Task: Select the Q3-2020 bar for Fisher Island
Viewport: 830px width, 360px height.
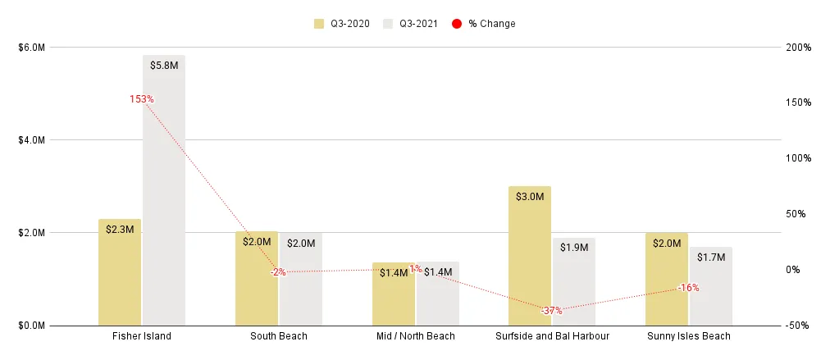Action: (x=120, y=275)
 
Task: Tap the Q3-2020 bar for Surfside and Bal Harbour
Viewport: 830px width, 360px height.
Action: (x=530, y=258)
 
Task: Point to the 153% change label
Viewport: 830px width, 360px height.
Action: (x=141, y=99)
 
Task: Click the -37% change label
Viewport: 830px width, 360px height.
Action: (x=551, y=311)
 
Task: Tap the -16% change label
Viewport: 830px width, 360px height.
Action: (x=688, y=288)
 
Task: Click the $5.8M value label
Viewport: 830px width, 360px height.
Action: (x=164, y=66)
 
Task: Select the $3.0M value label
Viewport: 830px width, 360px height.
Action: (x=530, y=197)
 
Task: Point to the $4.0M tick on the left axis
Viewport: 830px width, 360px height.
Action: (x=31, y=140)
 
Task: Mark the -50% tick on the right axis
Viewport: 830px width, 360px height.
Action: (x=797, y=326)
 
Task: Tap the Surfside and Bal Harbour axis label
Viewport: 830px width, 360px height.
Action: (x=551, y=336)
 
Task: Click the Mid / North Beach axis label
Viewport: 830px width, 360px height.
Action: (x=415, y=336)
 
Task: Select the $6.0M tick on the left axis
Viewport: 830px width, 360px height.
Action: (x=31, y=48)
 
